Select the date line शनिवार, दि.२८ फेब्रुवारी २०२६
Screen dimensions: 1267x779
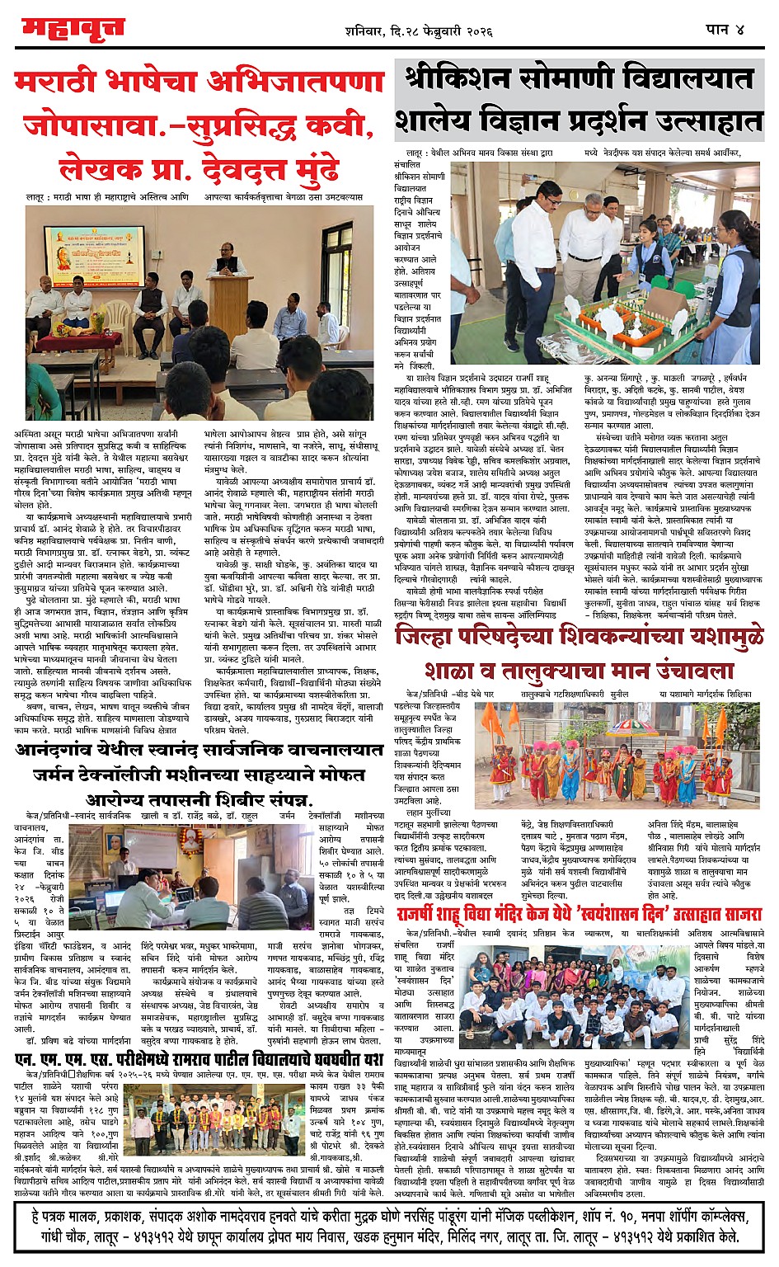pyautogui.click(x=419, y=31)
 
